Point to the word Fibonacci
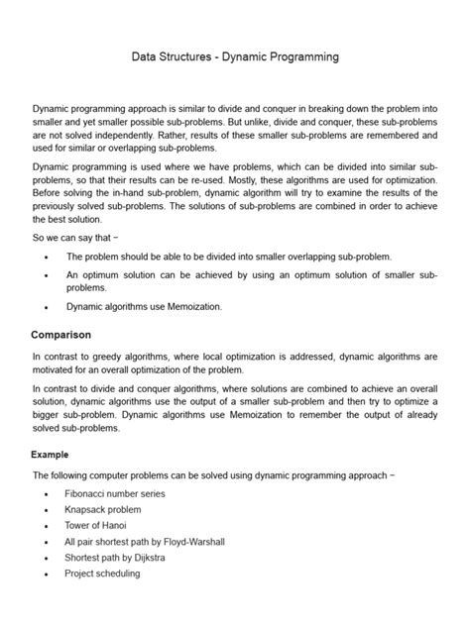coord(89,493)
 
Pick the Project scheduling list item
coord(103,573)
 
